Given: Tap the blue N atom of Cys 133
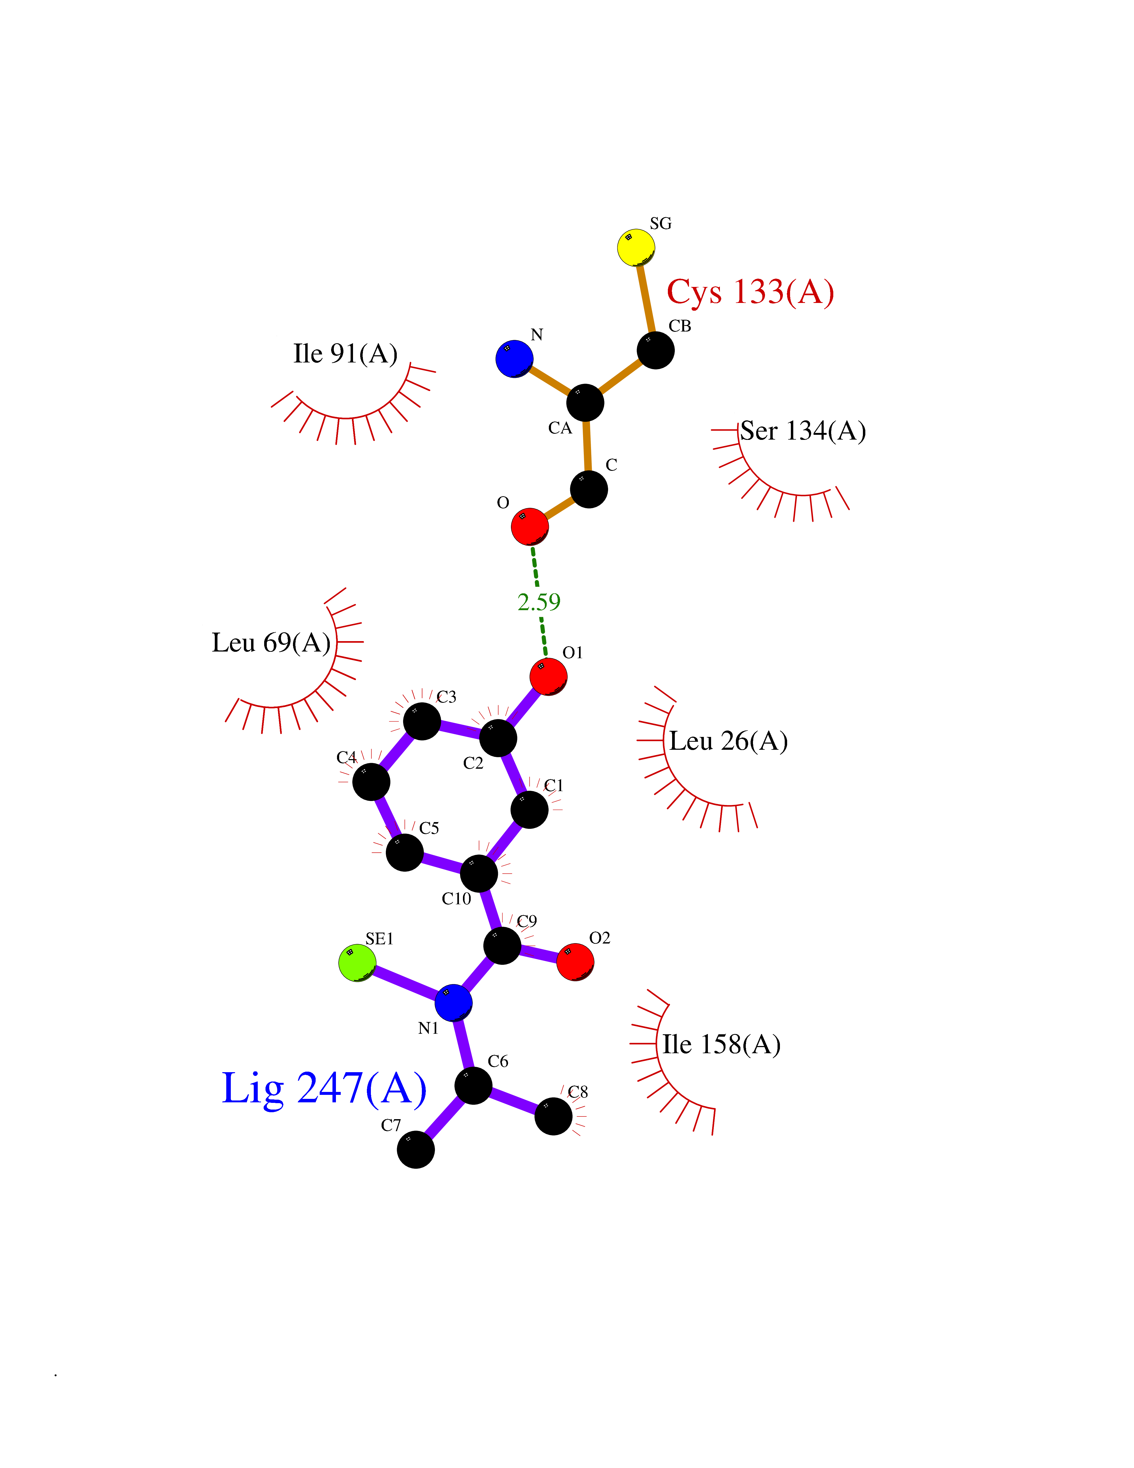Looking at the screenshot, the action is point(515,359).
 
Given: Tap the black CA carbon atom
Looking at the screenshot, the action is point(585,402).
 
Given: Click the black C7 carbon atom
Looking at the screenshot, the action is point(416,1149).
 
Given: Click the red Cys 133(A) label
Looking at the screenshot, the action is point(750,292).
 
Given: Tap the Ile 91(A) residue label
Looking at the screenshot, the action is point(345,354).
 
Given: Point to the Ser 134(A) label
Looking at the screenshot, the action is point(803,431).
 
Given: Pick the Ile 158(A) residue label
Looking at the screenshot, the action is point(721,1044).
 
